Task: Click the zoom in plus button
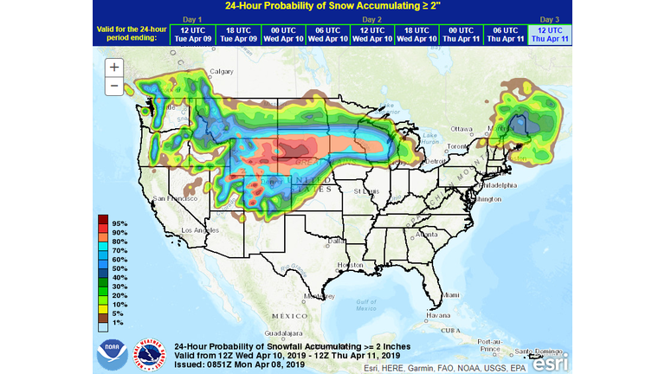(114, 68)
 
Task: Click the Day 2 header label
(371, 18)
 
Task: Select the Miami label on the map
(450, 295)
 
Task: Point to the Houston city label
(349, 264)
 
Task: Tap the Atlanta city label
(426, 234)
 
